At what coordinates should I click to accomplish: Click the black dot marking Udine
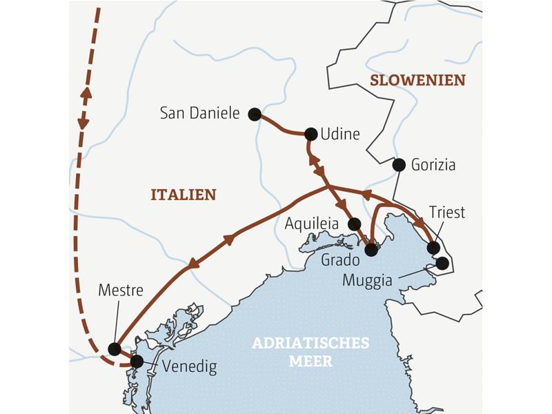point(310,134)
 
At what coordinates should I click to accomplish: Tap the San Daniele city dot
point(255,114)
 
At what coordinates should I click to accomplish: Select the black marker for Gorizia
point(398,165)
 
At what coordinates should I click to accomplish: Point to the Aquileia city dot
point(355,224)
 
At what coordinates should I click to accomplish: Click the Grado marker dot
point(371,250)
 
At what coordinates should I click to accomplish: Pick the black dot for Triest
point(433,248)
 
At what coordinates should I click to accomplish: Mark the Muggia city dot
point(442,263)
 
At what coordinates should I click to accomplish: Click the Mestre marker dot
point(115,348)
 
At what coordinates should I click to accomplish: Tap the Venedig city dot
point(137,361)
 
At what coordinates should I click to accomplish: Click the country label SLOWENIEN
point(417,81)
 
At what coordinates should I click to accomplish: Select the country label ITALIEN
point(184,195)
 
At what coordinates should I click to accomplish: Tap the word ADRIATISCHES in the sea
point(310,344)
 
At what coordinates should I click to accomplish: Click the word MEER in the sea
point(310,361)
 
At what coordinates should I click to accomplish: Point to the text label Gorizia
point(433,166)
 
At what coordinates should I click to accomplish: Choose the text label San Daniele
point(199,113)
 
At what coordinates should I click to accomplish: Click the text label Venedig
point(189,366)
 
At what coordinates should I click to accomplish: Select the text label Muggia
point(367,280)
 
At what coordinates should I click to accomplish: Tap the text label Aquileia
point(312,224)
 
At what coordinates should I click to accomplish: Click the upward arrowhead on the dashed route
point(86,92)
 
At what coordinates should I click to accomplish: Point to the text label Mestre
point(121,290)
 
